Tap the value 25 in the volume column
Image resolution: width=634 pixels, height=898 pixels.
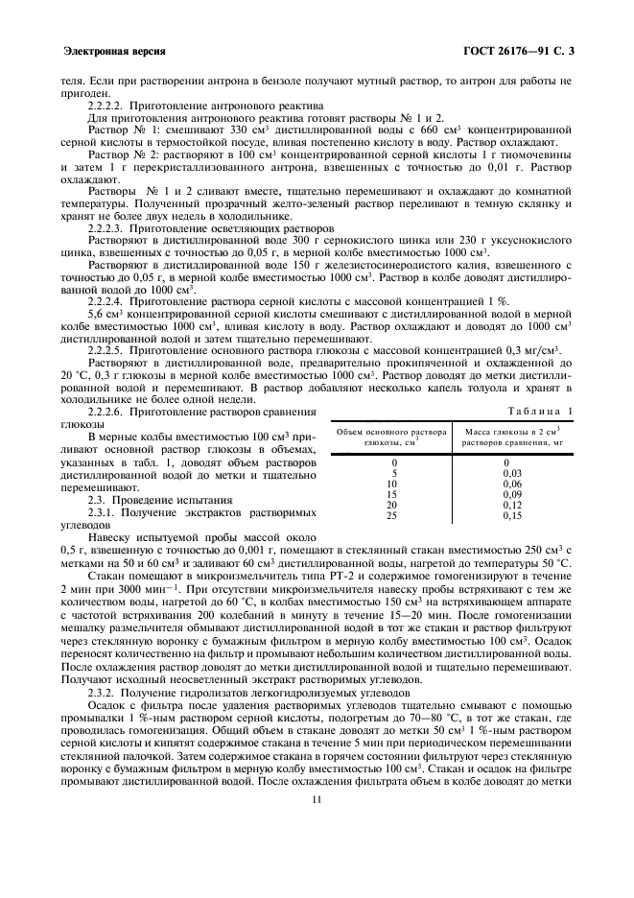(x=391, y=516)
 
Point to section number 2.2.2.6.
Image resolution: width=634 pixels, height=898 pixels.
(x=110, y=412)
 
